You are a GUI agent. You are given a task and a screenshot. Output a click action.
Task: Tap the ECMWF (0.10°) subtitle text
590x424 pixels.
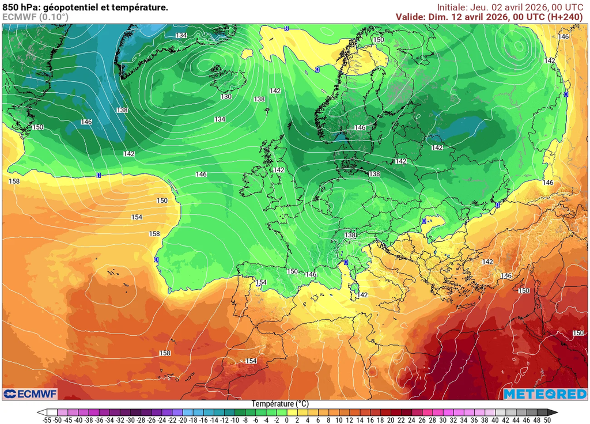35,17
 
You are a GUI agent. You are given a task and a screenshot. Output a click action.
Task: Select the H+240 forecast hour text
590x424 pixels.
567,17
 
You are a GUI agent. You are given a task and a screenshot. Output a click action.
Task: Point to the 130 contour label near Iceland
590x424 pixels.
226,97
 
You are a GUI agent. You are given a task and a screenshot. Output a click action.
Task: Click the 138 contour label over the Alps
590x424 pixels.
350,235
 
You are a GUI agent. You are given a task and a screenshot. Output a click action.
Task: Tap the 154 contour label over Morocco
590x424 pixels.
251,361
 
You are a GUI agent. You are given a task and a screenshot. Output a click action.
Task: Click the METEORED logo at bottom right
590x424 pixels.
544,394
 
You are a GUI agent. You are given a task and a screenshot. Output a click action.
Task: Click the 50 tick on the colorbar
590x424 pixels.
547,421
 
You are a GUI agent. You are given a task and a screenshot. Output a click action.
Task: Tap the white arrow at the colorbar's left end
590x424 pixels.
41,412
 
